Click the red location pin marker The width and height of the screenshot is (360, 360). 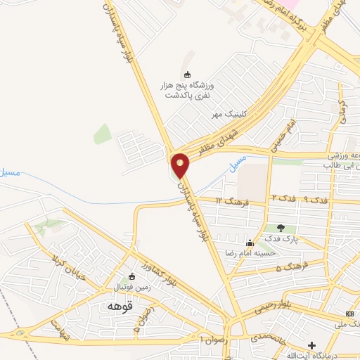[181, 165]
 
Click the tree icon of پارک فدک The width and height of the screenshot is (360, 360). [281, 227]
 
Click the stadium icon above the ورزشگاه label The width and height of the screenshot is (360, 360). [186, 75]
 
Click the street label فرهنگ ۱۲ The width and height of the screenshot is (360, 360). [230, 201]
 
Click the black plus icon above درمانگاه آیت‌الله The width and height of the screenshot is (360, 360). [311, 345]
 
